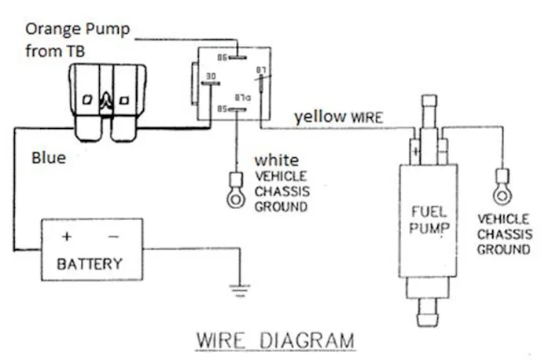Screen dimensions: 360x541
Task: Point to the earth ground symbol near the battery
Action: pyautogui.click(x=237, y=292)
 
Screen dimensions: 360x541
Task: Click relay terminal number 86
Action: pyautogui.click(x=223, y=57)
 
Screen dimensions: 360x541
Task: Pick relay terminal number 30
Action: pyautogui.click(x=210, y=76)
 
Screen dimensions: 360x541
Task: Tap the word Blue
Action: pyautogui.click(x=48, y=157)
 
